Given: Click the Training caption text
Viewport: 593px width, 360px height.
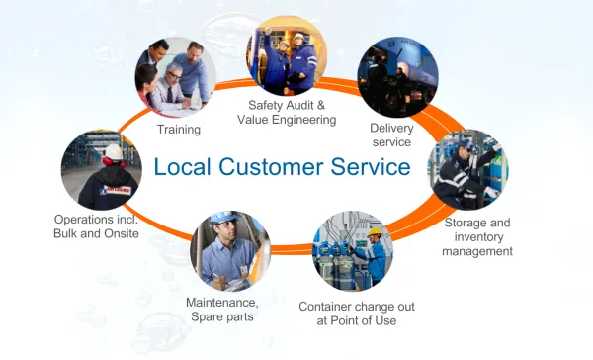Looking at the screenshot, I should coord(179,129).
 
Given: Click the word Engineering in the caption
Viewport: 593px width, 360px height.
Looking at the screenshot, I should coord(303,120).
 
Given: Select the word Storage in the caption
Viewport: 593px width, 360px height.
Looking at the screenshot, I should coord(465,222).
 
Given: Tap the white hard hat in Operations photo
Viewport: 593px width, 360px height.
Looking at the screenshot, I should coord(115,151).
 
